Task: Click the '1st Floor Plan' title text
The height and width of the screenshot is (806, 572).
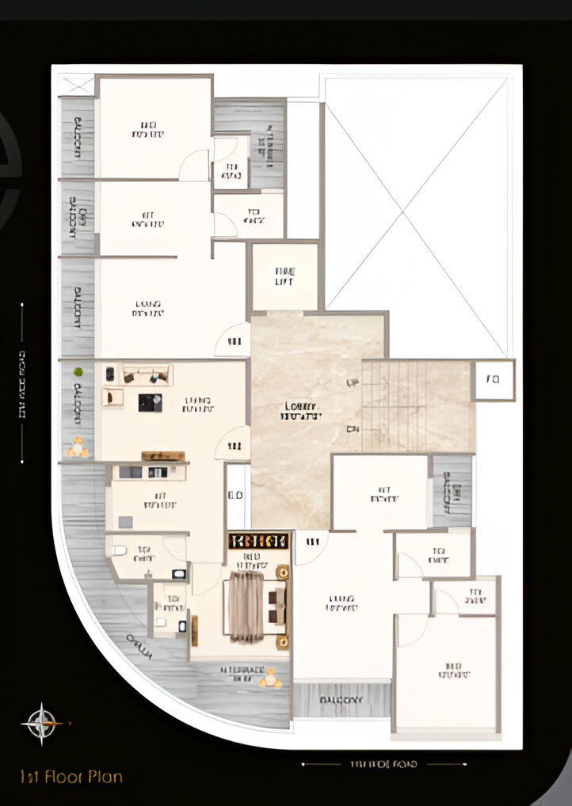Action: click(x=71, y=777)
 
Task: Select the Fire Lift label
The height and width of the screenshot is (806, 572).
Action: click(x=284, y=276)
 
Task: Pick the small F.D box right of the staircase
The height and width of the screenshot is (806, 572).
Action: click(x=493, y=380)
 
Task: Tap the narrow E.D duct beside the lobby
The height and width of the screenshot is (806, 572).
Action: click(x=236, y=496)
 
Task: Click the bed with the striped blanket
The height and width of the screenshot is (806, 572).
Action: click(x=246, y=606)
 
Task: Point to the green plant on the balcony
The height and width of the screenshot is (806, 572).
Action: click(x=78, y=371)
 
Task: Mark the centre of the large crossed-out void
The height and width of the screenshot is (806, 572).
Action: click(x=416, y=216)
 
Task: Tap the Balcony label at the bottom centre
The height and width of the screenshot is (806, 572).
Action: click(x=341, y=700)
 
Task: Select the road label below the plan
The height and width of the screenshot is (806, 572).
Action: click(x=383, y=764)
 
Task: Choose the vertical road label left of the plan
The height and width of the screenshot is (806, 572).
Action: click(x=21, y=383)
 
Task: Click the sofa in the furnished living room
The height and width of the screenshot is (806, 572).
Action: click(x=147, y=374)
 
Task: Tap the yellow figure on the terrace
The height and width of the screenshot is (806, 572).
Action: click(x=271, y=678)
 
